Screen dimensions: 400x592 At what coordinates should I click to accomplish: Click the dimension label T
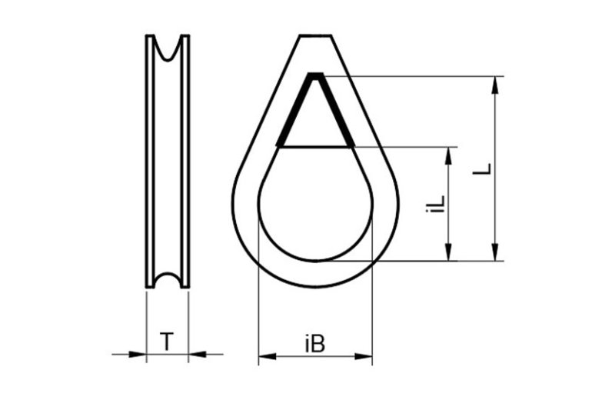(x=167, y=341)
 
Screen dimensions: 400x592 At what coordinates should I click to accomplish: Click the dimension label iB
(x=315, y=344)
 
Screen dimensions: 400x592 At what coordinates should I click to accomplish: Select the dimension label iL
(x=435, y=202)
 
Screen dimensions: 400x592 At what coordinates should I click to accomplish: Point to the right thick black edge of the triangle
(x=336, y=110)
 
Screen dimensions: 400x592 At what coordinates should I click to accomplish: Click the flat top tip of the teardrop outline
(x=316, y=35)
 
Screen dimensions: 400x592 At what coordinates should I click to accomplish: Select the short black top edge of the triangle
(x=316, y=75)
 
